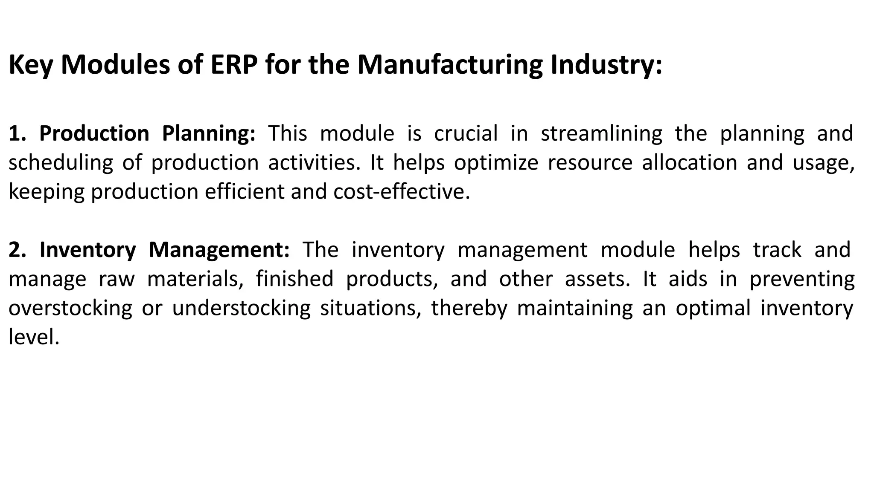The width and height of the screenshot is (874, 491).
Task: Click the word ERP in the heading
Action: (234, 65)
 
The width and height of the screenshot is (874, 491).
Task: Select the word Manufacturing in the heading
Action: (449, 65)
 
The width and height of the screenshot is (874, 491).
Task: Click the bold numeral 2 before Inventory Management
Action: (15, 250)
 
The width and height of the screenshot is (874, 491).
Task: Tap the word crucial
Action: (466, 133)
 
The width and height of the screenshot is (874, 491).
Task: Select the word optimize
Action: (496, 163)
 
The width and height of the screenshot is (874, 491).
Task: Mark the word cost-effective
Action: (401, 191)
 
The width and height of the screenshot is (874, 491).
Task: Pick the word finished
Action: (294, 279)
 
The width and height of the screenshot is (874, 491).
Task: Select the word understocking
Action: (241, 308)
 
